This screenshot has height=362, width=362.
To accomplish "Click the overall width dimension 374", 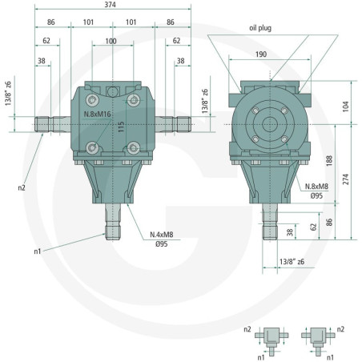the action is (x=110, y=5).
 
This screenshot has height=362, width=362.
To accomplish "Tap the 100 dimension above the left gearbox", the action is (x=111, y=41).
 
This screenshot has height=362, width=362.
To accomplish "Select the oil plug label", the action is (x=260, y=28).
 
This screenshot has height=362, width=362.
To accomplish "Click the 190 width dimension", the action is (x=261, y=54).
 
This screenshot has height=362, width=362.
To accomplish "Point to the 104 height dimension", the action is (x=345, y=107).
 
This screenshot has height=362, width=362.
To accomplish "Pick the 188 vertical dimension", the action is (x=329, y=161).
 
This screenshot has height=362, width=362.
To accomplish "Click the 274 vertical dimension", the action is (x=346, y=179).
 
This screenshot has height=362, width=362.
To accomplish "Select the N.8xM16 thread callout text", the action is (x=97, y=115).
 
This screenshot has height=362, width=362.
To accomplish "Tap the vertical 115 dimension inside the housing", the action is (x=121, y=127).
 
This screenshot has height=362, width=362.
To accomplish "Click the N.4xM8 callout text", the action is (x=162, y=235).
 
